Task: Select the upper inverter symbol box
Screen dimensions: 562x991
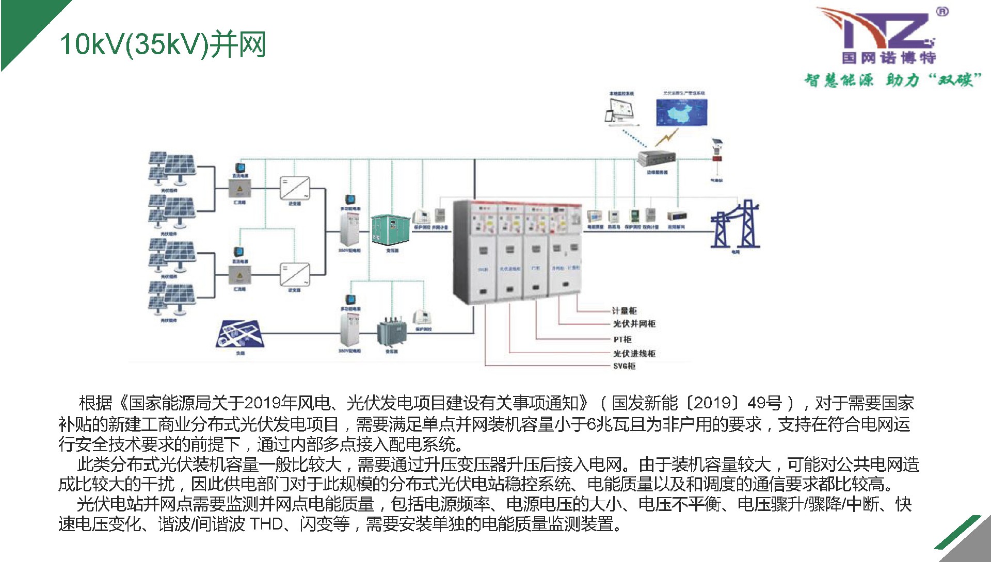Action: tap(295, 188)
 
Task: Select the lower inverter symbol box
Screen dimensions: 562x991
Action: tap(295, 274)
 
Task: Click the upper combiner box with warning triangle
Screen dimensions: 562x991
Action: tap(239, 189)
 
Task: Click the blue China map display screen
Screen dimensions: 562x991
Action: tap(681, 113)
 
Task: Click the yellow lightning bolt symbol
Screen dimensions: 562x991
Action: tap(666, 137)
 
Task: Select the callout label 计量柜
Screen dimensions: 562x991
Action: tap(625, 311)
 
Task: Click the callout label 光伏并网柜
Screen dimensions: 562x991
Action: tap(634, 324)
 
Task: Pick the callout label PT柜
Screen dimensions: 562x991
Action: tap(622, 339)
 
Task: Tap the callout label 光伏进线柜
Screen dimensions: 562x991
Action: tap(634, 353)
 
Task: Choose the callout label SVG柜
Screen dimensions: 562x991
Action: tap(624, 366)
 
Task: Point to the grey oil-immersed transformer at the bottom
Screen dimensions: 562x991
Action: tap(392, 332)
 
